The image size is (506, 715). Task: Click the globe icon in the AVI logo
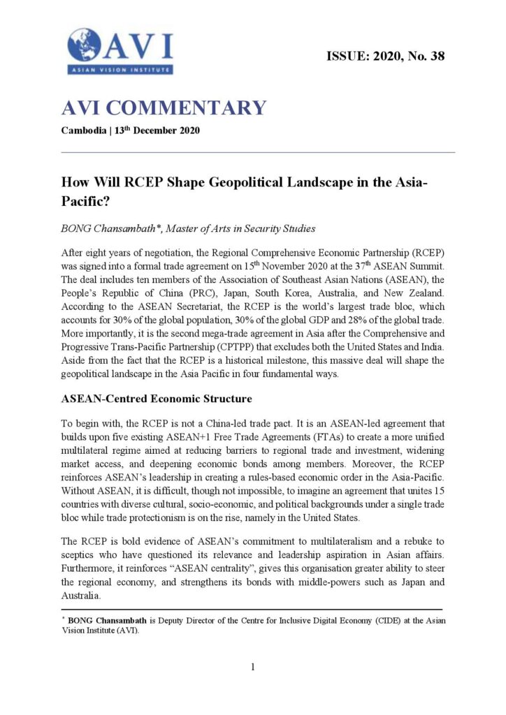85,45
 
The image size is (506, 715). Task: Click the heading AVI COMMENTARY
164,108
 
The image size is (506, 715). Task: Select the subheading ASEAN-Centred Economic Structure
157,399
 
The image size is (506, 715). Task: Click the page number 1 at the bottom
253,667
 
